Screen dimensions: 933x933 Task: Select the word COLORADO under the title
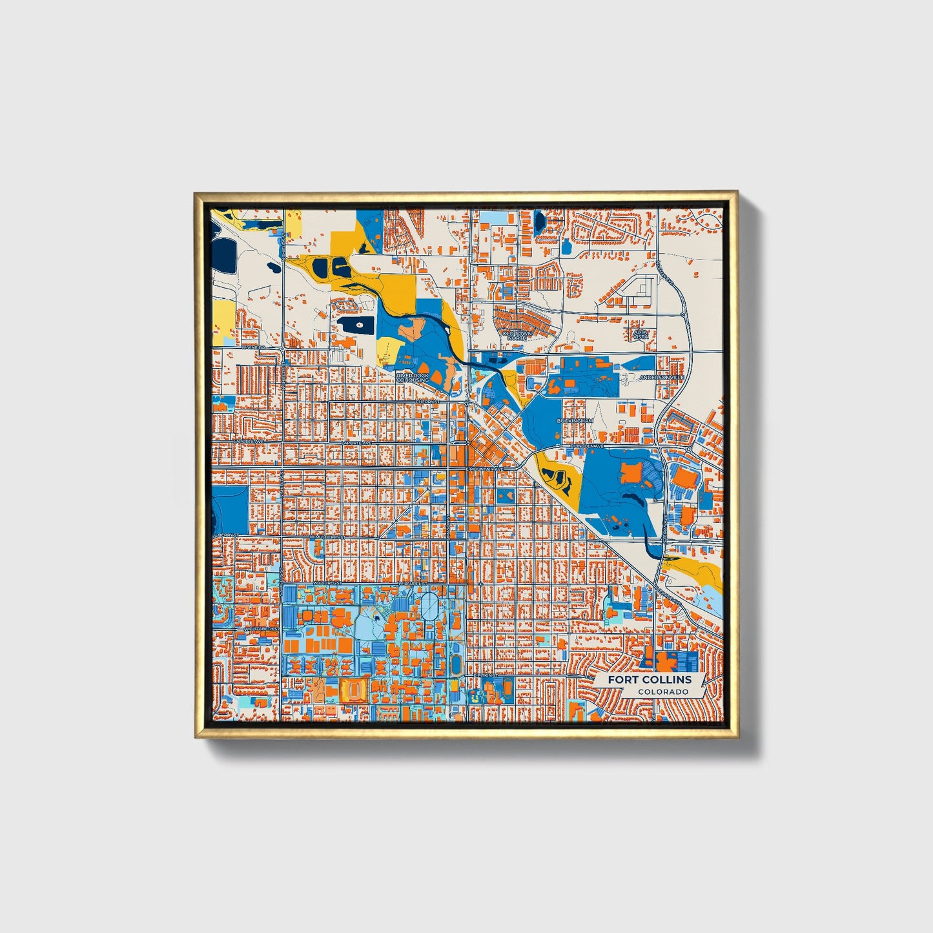pos(662,692)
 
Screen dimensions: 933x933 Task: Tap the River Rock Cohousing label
pos(413,378)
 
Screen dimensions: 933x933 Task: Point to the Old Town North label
pos(517,335)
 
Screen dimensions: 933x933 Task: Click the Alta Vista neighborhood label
pos(640,333)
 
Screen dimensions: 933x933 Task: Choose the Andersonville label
pos(661,376)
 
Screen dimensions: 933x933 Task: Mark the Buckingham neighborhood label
pos(575,420)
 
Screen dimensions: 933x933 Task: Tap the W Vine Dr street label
pos(253,347)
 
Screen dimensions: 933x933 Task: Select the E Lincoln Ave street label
pos(587,446)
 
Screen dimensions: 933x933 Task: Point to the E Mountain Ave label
pos(486,468)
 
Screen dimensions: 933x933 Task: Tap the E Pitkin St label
pos(486,675)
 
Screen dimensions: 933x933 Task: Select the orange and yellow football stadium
pos(354,690)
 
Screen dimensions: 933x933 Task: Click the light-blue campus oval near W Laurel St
pos(429,607)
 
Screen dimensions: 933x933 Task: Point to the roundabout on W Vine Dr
pos(283,349)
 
